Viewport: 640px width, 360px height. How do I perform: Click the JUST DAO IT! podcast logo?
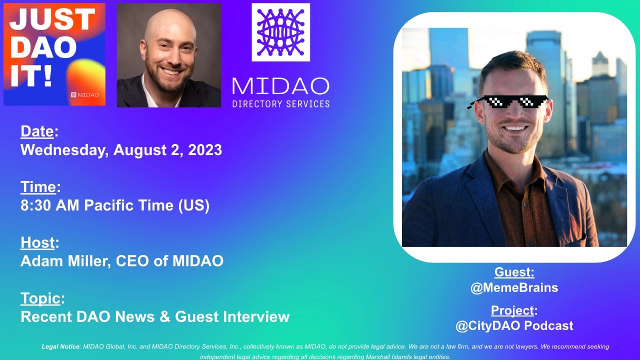(x=54, y=54)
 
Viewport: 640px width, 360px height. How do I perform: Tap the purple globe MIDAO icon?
(x=280, y=32)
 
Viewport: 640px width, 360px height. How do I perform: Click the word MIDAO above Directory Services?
(x=280, y=86)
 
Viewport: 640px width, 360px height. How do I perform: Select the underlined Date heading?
(x=37, y=131)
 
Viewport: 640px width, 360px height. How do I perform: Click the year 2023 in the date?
(x=205, y=150)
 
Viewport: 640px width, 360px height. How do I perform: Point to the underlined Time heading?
(x=38, y=187)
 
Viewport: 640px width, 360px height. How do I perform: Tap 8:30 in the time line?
(x=37, y=205)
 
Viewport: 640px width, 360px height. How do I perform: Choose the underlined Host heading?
(x=37, y=242)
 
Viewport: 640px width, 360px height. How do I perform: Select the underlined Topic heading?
(x=40, y=298)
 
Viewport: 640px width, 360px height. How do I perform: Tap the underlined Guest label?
(x=514, y=272)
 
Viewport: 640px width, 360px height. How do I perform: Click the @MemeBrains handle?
(x=514, y=287)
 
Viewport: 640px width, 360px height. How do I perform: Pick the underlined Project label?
(x=512, y=310)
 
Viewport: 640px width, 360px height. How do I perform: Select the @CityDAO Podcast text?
(x=514, y=326)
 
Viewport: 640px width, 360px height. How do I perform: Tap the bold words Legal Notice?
(x=60, y=346)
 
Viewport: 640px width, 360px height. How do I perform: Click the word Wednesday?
(x=63, y=150)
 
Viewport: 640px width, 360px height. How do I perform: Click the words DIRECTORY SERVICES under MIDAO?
(x=280, y=104)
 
